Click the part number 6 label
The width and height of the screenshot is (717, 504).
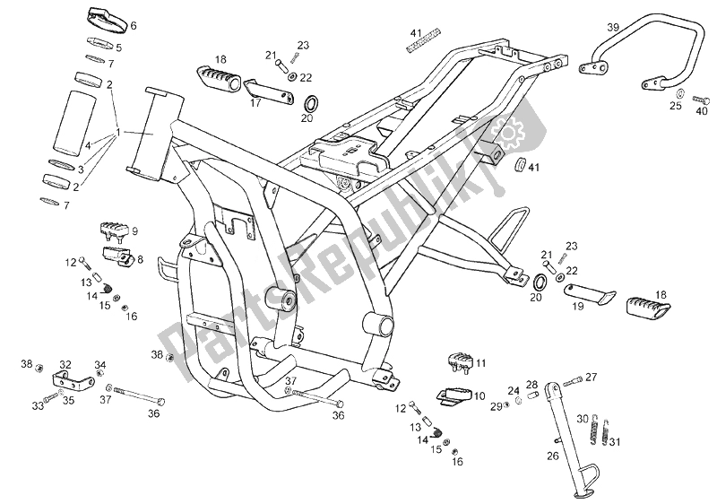[134, 25]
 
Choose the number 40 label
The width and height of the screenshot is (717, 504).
[701, 111]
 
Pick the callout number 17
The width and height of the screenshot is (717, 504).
[256, 102]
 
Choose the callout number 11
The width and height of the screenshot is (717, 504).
[481, 363]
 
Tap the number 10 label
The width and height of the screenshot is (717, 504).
[479, 395]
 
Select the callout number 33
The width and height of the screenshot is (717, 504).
[39, 405]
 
